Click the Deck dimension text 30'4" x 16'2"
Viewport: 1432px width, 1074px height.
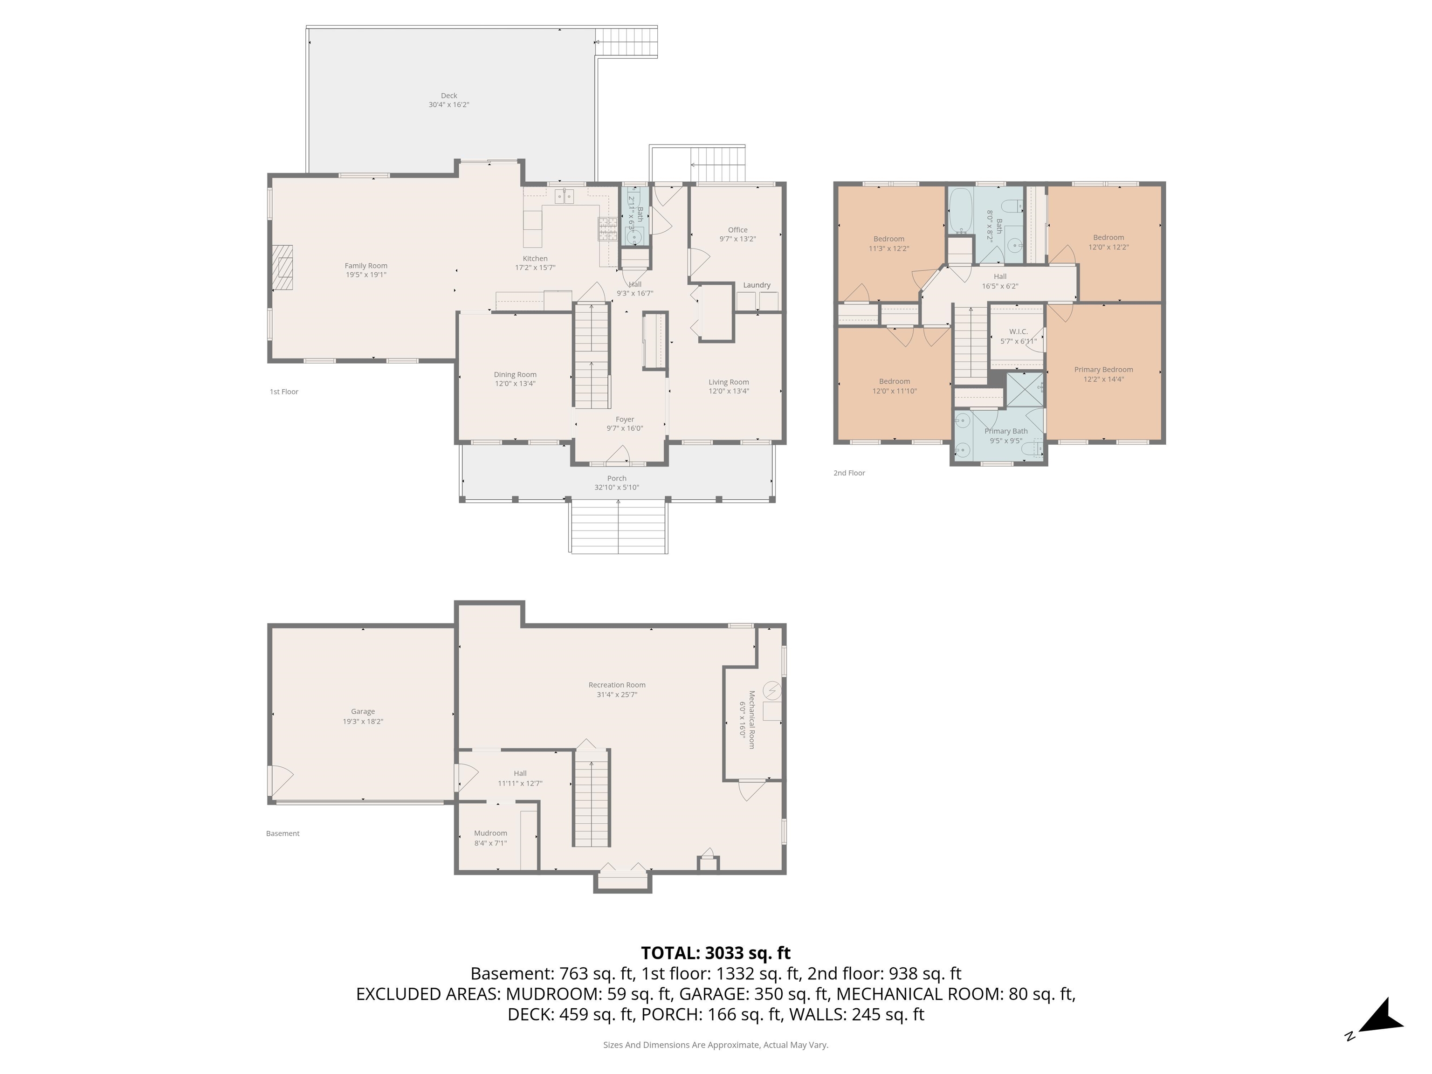tap(448, 105)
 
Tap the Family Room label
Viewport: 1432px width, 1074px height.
tap(366, 265)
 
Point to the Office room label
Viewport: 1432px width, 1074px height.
tap(737, 230)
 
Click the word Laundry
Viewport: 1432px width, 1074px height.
tap(756, 285)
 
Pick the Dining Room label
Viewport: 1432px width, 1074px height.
tap(515, 374)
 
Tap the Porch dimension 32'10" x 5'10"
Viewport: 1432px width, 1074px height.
tap(616, 488)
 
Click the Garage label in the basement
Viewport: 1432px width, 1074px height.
tap(363, 711)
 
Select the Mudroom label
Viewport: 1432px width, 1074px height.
tap(490, 833)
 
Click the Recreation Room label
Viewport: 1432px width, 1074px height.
tap(616, 685)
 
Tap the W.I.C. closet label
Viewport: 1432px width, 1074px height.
tap(1018, 331)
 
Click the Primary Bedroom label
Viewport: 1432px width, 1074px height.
tap(1103, 370)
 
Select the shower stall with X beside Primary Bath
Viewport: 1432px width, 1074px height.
tap(1024, 390)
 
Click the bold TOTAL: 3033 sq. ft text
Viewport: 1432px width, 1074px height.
tap(716, 953)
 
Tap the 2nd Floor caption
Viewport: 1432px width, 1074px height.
tap(849, 473)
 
